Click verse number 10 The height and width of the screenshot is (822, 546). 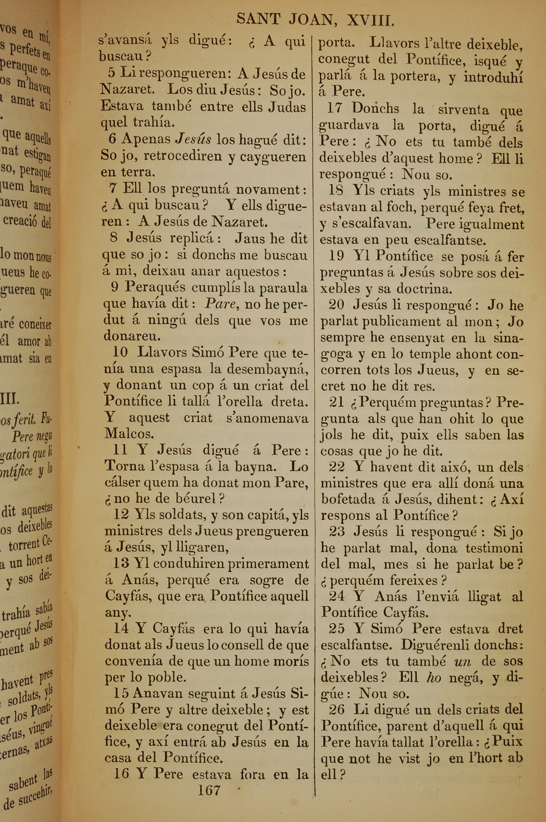point(120,352)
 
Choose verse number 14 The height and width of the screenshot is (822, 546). point(121,628)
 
